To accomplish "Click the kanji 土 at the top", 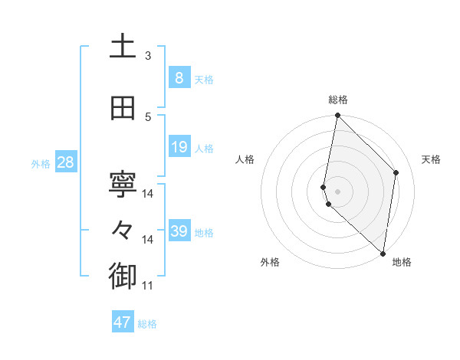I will (x=123, y=47).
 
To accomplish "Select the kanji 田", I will (x=123, y=108).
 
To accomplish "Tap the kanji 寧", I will (x=123, y=185).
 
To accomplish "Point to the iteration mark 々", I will (x=123, y=230).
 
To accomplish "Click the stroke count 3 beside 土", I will (x=148, y=56).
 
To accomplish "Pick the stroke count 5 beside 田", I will (x=148, y=117).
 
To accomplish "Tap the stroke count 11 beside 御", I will (x=148, y=286).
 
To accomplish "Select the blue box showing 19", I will (x=179, y=146).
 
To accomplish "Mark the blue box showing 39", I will (x=179, y=231).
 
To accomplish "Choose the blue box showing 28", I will (x=64, y=162).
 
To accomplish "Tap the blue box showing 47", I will (x=123, y=322).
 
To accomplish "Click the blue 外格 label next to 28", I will (x=41, y=163).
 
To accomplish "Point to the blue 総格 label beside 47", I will (x=147, y=324).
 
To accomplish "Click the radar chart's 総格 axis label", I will (x=338, y=100).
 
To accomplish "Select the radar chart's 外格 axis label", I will (x=270, y=262).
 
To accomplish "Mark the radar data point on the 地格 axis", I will (x=383, y=252).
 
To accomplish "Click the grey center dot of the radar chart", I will (x=338, y=191).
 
